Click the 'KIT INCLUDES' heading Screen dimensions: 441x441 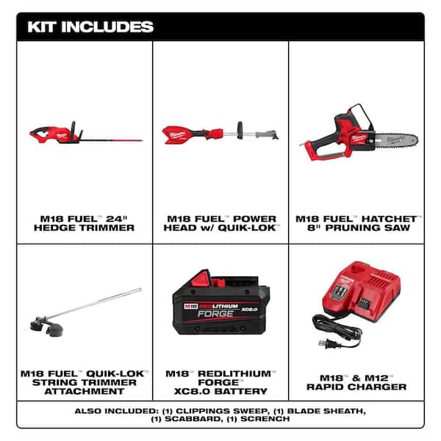[x=90, y=27]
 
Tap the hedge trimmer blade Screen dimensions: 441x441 [x=112, y=140]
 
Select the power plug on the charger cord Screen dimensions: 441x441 [x=324, y=343]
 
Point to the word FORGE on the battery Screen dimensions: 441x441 [x=215, y=314]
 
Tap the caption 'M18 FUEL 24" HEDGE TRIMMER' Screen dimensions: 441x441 [x=84, y=223]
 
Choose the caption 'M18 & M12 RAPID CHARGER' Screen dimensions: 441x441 [x=356, y=382]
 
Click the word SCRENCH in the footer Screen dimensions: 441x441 [x=265, y=419]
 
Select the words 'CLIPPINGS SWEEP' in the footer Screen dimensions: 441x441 [x=220, y=411]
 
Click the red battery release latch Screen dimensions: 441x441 [x=201, y=279]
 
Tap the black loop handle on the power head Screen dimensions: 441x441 [x=240, y=130]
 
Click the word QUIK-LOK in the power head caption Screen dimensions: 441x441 [x=247, y=228]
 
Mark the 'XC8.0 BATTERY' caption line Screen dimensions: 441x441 [x=220, y=391]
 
